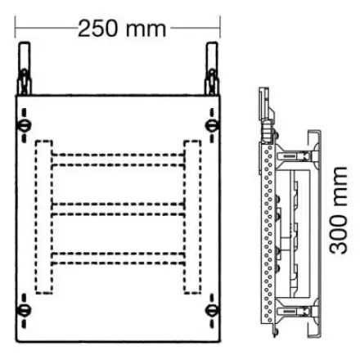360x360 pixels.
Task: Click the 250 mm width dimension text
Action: (x=122, y=29)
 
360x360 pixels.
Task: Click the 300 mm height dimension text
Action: (x=339, y=210)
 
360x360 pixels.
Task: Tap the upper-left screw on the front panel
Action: (x=24, y=125)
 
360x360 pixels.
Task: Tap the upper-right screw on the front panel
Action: (x=212, y=125)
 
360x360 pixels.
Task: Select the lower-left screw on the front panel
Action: (x=24, y=310)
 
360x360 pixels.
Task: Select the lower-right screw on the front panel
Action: (x=212, y=310)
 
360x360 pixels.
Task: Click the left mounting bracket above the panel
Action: (x=24, y=68)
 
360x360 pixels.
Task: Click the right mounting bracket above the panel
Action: (x=212, y=68)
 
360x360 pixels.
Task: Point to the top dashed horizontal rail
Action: (x=118, y=160)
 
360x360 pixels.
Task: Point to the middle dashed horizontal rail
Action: (x=118, y=209)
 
